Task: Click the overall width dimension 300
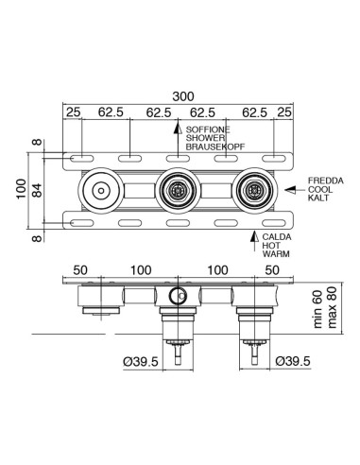[x=183, y=96]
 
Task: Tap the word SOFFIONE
[x=208, y=129]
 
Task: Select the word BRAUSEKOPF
[x=215, y=146]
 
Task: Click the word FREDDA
[x=326, y=181]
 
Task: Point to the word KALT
[x=318, y=198]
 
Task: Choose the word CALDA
[x=277, y=237]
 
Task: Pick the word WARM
[x=276, y=253]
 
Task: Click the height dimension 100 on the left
[x=21, y=189]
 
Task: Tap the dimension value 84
[x=37, y=190]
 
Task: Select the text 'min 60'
[x=318, y=310]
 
